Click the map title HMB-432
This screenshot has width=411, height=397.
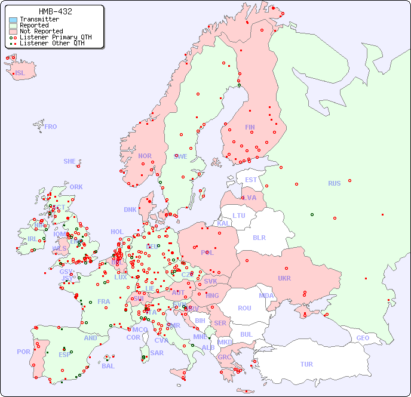coord(56,11)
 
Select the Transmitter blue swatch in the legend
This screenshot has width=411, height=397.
coord(13,20)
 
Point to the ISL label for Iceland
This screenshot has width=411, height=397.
coord(20,73)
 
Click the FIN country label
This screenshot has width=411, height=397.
coord(250,127)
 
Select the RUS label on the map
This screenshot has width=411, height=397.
coord(334,183)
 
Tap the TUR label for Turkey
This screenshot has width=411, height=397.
coord(306,364)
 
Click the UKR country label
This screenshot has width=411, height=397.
coord(284,278)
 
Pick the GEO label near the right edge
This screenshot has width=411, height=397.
coord(363,338)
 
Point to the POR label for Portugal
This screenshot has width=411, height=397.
coord(23,352)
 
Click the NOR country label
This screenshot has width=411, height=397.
coord(145,156)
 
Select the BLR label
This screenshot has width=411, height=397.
coord(259,237)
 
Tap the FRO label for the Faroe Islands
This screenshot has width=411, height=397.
coord(51,127)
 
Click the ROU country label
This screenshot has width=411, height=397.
coord(244,308)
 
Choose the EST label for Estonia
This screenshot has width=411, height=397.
coord(251,180)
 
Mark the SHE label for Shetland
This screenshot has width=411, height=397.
coord(70,161)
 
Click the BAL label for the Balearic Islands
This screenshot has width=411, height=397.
coord(108,366)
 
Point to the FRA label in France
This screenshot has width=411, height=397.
coord(104,301)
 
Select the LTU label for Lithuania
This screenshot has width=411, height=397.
coord(239,216)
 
